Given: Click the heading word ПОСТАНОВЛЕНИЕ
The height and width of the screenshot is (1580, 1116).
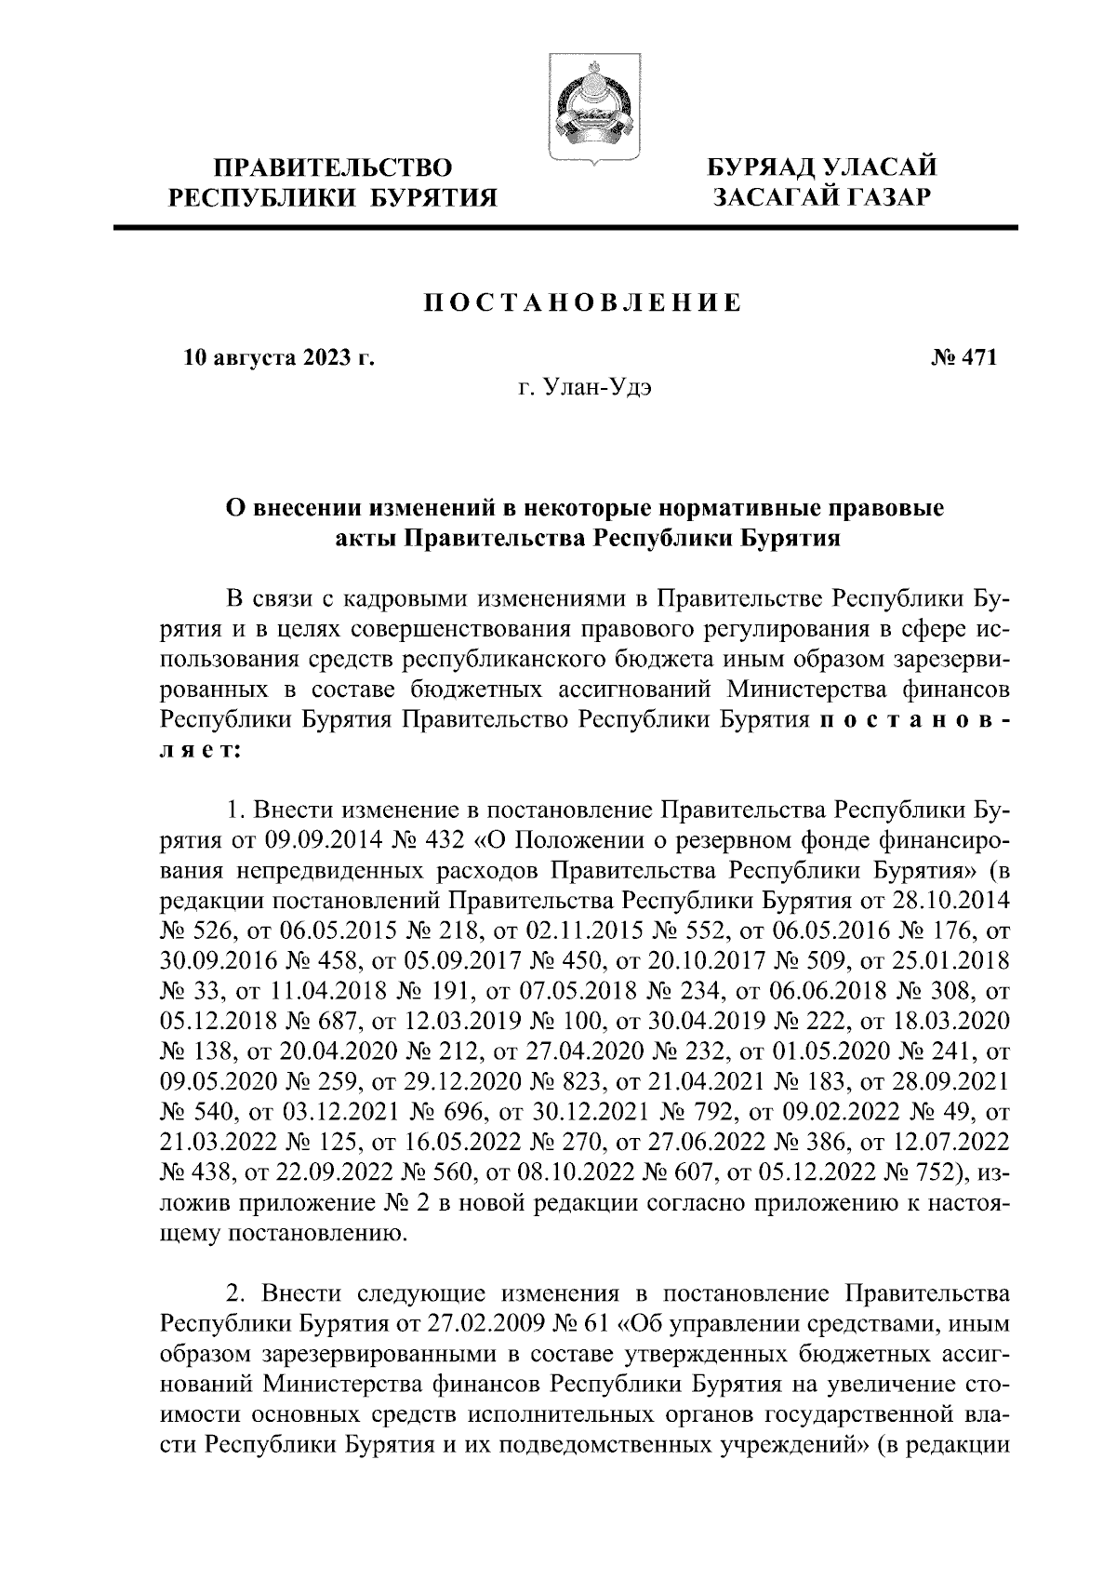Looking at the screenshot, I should (x=582, y=302).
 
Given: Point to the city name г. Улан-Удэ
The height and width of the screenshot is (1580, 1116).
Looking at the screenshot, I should (x=585, y=388).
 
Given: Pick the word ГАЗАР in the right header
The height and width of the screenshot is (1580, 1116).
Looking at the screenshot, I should (x=875, y=196).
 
